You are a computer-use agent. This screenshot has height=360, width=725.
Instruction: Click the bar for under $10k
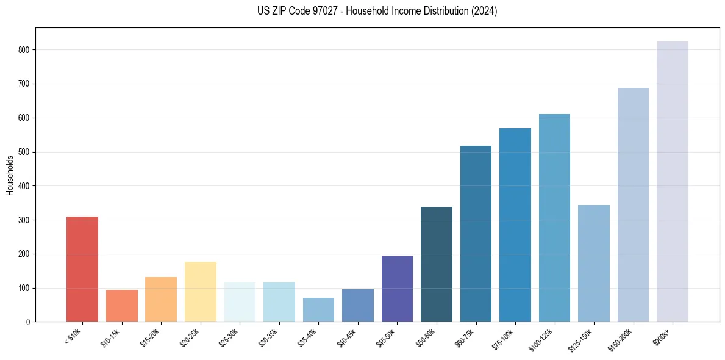82,269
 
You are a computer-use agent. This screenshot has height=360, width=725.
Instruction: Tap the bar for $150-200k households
633,204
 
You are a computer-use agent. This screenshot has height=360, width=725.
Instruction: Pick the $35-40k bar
318,310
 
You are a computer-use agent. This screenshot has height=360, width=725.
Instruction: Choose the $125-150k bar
594,263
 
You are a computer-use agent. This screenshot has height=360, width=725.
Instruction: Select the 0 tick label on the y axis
28,322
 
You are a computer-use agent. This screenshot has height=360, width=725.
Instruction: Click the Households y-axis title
10,175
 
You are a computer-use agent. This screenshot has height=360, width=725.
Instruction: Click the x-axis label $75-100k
504,337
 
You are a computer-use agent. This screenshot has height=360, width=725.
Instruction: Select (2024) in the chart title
483,11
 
